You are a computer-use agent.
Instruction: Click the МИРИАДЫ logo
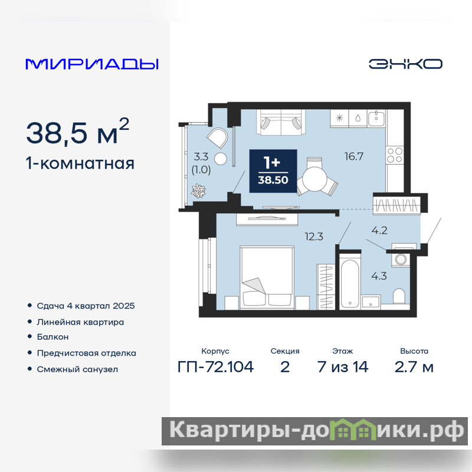click(x=92, y=64)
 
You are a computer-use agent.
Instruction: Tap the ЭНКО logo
click(x=405, y=64)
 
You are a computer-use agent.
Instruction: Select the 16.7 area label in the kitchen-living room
click(x=354, y=156)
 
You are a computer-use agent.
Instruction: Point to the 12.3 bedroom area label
click(x=314, y=237)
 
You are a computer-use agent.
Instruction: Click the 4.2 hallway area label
click(x=379, y=231)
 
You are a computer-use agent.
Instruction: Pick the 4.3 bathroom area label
click(x=379, y=276)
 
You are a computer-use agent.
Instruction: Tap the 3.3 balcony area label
click(x=201, y=156)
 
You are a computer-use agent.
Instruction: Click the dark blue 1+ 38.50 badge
click(x=273, y=171)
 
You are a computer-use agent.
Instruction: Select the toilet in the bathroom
click(x=399, y=297)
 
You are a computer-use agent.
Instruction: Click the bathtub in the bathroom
click(x=349, y=283)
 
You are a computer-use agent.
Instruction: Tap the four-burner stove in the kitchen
click(x=395, y=155)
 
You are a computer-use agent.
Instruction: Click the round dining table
click(x=314, y=179)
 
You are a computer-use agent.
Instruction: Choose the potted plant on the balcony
click(x=198, y=191)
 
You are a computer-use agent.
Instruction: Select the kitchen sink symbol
click(x=376, y=117)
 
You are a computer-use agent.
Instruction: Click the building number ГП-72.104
click(x=215, y=367)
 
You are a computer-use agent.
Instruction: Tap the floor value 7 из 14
click(x=343, y=367)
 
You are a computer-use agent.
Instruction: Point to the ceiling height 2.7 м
click(x=414, y=367)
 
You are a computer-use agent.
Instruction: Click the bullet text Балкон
click(x=53, y=337)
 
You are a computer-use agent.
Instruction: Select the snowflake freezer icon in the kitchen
click(x=340, y=117)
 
